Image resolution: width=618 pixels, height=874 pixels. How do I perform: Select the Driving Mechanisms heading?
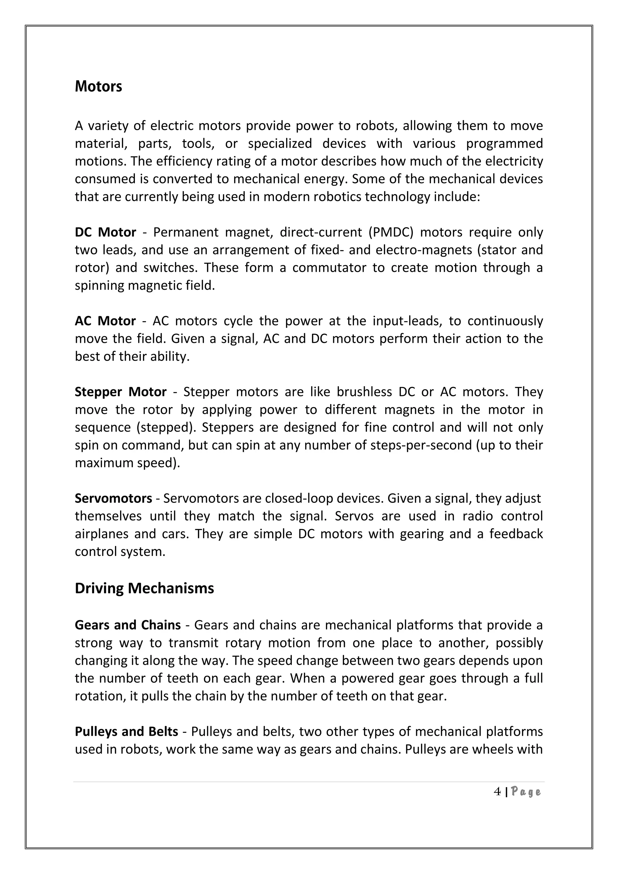click(144, 588)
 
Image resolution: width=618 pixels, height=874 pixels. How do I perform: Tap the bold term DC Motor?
click(105, 232)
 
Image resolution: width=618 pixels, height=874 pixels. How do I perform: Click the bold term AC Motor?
click(105, 321)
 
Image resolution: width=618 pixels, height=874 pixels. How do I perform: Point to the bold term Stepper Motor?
click(121, 392)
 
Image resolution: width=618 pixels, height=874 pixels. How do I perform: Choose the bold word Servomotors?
click(113, 498)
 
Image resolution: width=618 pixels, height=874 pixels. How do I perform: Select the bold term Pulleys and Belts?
click(126, 732)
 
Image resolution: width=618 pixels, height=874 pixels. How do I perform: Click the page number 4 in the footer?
click(497, 792)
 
